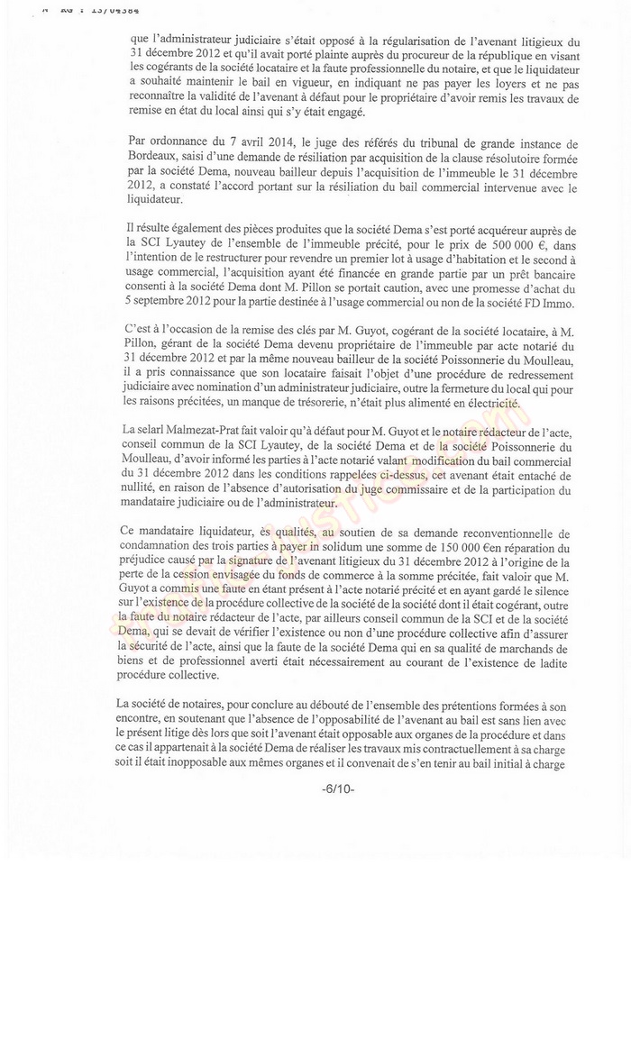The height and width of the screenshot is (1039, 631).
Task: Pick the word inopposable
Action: click(x=184, y=766)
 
